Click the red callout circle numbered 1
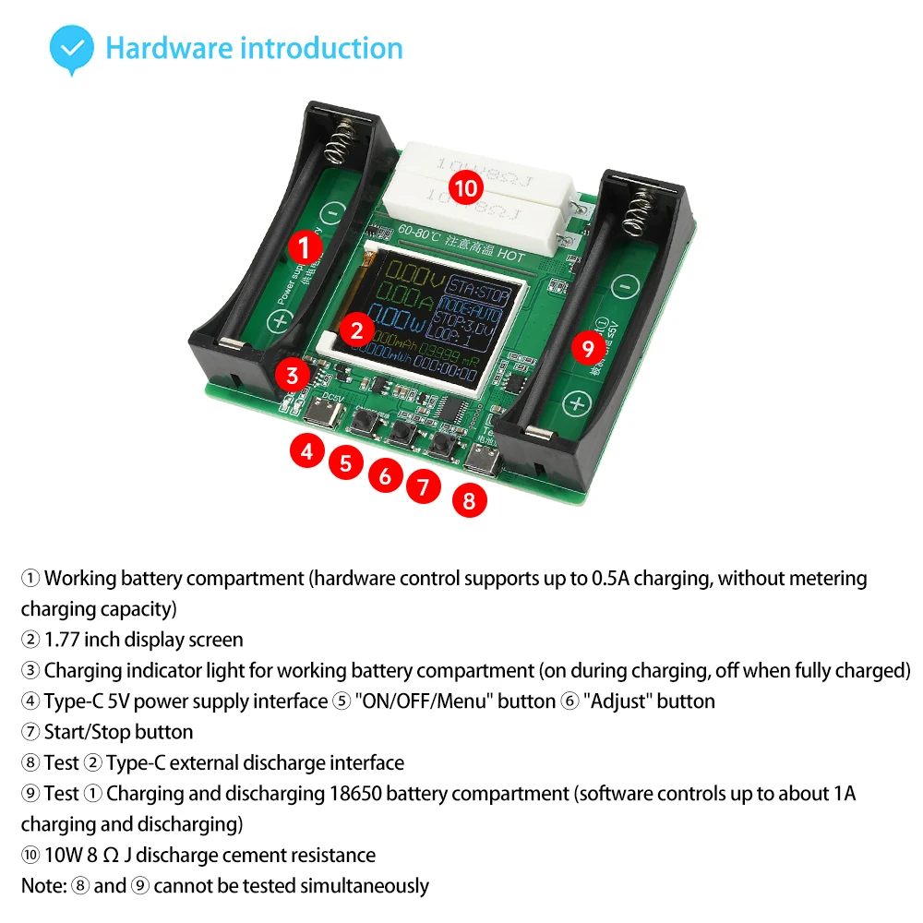(x=305, y=246)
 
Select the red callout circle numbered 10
(x=467, y=189)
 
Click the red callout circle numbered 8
(x=469, y=500)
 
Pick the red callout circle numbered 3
(x=292, y=375)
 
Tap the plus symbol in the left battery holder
(x=279, y=321)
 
